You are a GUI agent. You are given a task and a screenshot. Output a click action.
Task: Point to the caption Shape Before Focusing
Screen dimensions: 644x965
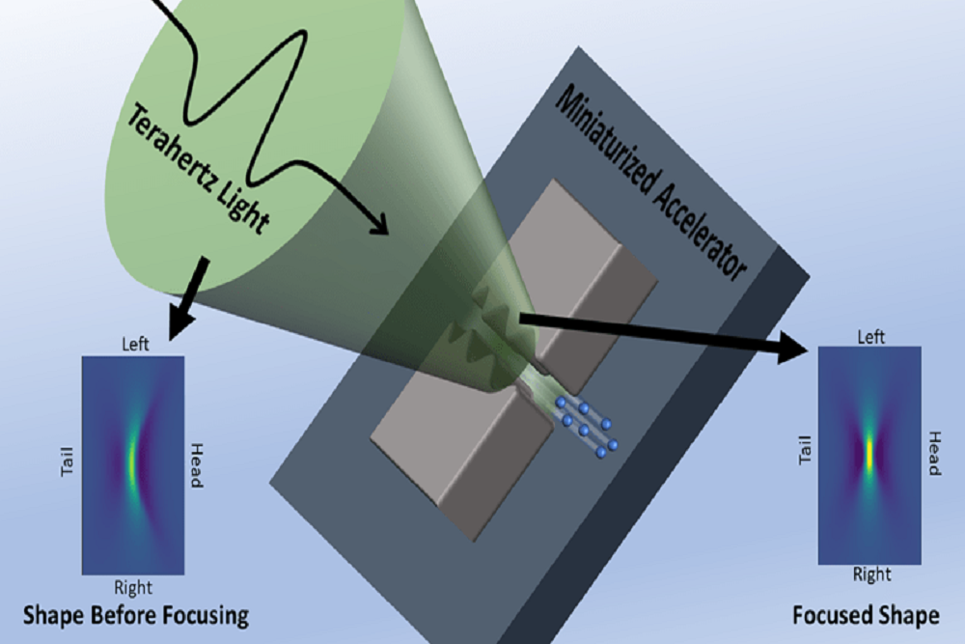[136, 615]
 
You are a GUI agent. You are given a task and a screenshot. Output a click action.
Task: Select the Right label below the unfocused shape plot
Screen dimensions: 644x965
[133, 586]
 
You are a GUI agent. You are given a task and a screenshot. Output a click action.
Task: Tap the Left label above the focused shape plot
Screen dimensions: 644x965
[871, 337]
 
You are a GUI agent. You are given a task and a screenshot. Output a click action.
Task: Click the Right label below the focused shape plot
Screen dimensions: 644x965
[871, 574]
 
